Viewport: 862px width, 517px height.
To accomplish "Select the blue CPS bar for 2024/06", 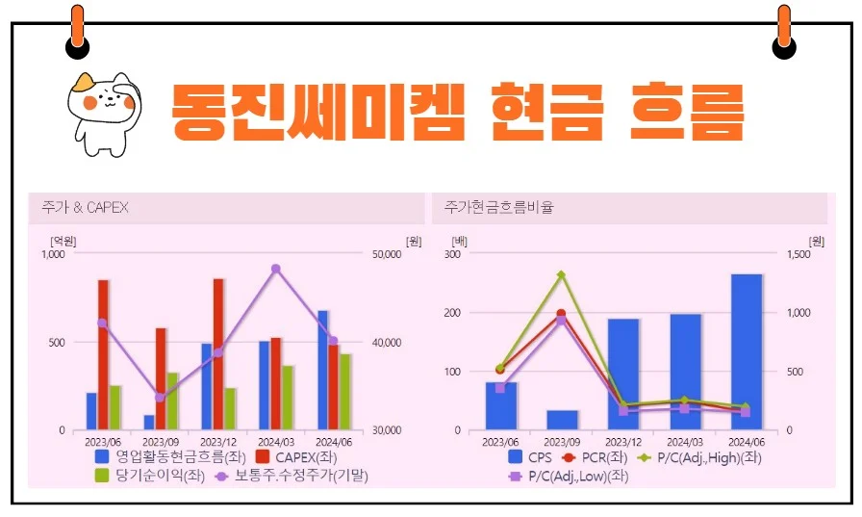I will click(x=747, y=351).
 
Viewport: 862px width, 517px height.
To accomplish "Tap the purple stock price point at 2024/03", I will click(x=276, y=269).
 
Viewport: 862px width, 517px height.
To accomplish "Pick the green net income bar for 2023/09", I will click(x=172, y=401).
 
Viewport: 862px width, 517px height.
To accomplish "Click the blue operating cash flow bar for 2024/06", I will click(x=322, y=370).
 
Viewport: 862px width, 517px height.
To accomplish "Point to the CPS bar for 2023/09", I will click(x=562, y=420).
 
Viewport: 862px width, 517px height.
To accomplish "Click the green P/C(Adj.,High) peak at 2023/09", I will click(x=561, y=274).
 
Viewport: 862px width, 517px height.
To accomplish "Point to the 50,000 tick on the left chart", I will click(x=386, y=255).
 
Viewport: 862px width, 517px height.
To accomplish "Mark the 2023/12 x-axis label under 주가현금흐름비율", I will click(x=622, y=441).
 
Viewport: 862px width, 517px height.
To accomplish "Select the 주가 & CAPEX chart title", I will click(x=85, y=208).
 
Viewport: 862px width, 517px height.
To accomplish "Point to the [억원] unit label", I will click(x=63, y=240).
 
